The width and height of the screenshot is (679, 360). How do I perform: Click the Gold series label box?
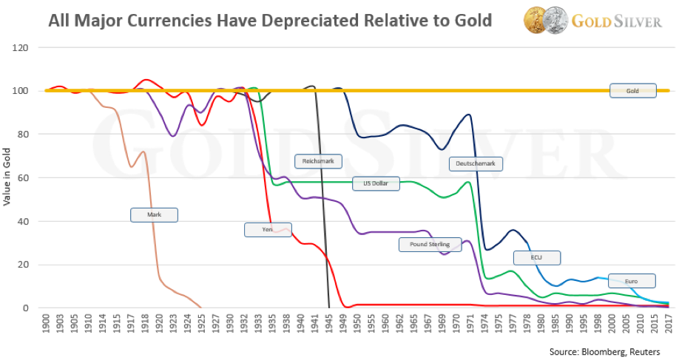coord(632,91)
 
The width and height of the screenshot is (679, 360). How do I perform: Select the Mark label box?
coord(154,215)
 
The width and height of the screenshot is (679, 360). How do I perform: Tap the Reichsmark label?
coord(317,161)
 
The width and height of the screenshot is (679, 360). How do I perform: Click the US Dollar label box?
coord(376,183)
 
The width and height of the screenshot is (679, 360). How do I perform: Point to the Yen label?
coord(268,230)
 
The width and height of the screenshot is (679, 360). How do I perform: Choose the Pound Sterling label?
coord(430,244)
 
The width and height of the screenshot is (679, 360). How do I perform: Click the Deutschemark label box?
coord(476,164)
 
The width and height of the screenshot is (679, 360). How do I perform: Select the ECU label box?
coord(537,258)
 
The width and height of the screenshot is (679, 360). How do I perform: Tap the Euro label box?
coord(632,281)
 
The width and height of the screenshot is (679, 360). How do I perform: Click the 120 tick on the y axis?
coord(28,48)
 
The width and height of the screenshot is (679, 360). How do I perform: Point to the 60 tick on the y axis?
coord(30,178)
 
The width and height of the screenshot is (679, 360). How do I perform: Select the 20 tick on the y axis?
coord(30,265)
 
